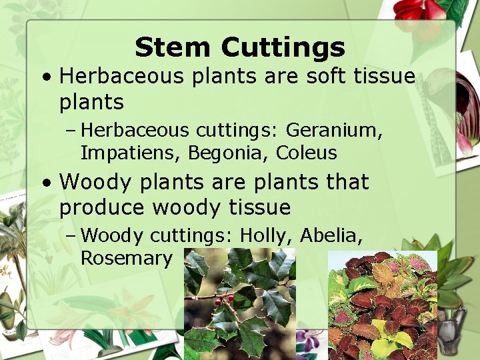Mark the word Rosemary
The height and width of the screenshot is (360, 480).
click(x=126, y=258)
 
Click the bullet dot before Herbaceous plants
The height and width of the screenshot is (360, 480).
click(x=45, y=77)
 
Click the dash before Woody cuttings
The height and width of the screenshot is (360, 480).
click(x=70, y=236)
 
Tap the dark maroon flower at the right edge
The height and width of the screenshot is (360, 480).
click(x=469, y=107)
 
